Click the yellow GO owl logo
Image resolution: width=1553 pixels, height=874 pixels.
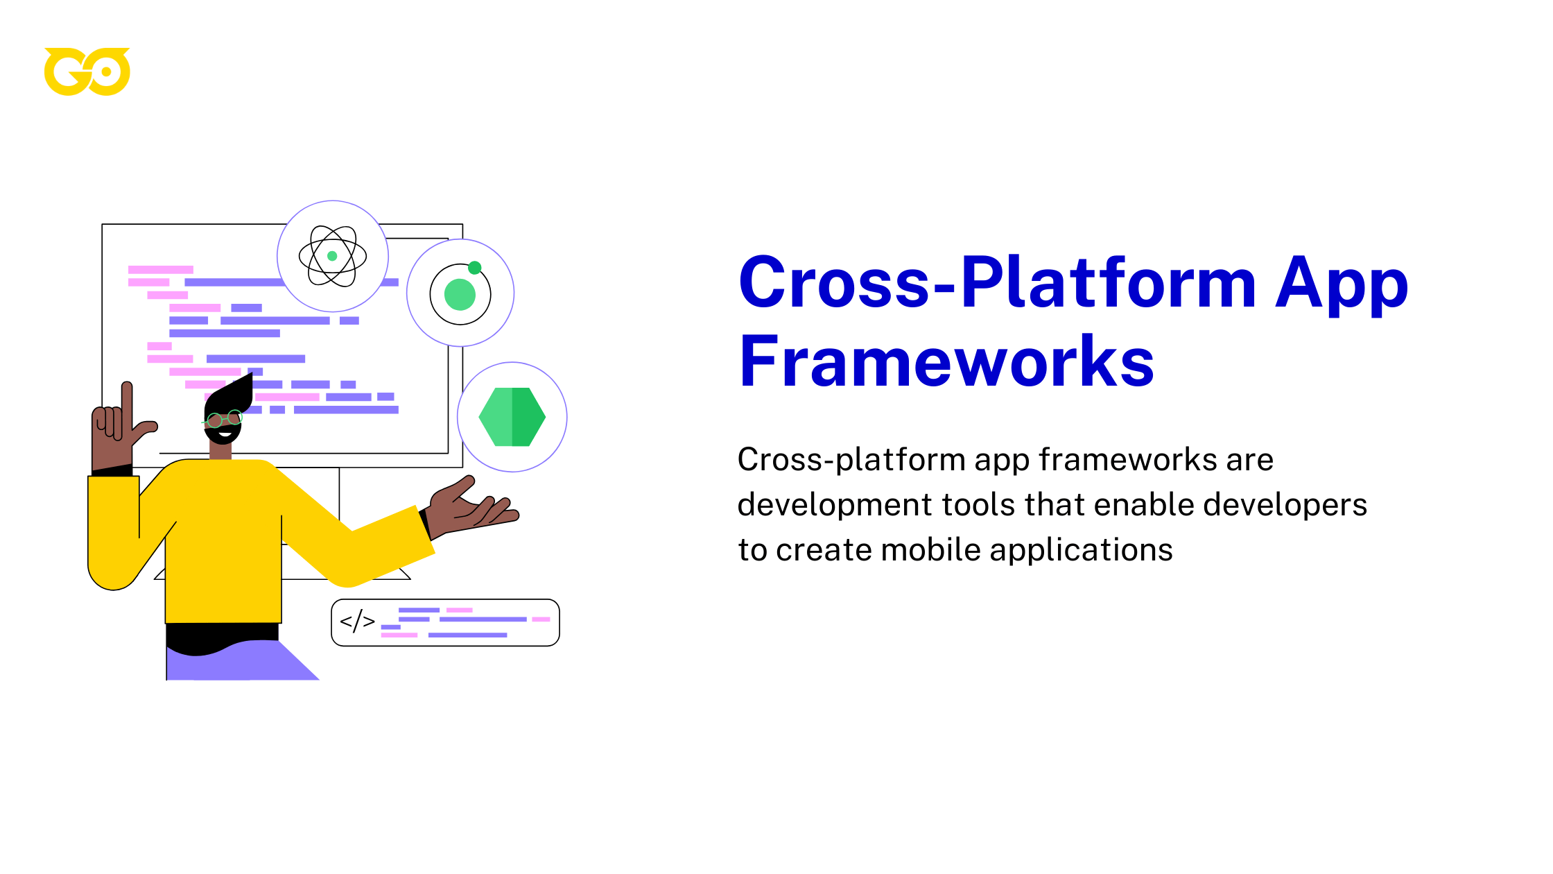87,71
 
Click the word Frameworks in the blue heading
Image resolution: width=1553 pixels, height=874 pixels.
946,362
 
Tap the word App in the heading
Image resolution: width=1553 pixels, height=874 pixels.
1342,283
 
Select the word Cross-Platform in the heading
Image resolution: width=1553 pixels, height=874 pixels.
997,282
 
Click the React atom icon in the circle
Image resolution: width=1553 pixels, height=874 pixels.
333,256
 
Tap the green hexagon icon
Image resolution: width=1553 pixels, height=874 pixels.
512,417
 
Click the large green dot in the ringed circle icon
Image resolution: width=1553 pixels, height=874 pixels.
460,294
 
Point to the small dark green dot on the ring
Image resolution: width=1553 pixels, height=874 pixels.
475,268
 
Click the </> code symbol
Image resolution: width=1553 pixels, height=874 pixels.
357,622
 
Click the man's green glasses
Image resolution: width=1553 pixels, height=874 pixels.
223,419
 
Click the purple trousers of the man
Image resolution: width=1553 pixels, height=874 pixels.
243,662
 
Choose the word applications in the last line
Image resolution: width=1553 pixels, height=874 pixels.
1081,550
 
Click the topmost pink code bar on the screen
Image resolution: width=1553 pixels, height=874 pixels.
161,269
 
